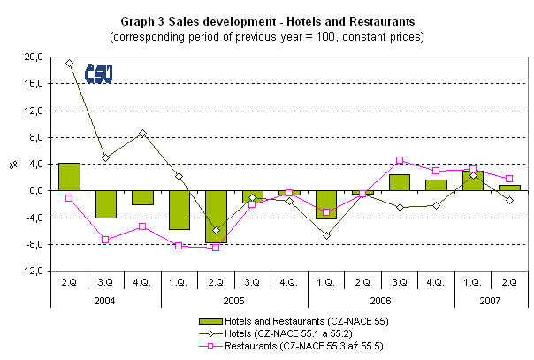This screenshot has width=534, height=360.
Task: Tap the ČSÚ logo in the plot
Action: [98, 73]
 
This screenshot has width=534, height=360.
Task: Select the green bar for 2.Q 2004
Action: [69, 177]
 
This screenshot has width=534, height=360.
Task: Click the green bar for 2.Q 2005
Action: [216, 217]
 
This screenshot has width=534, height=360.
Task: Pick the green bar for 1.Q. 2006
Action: [326, 204]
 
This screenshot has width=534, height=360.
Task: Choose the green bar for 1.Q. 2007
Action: [473, 180]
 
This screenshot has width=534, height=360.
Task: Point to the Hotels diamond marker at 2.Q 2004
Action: [69, 63]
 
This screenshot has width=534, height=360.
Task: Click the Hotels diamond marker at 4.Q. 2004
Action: [142, 133]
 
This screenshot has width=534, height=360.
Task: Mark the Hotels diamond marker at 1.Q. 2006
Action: [326, 235]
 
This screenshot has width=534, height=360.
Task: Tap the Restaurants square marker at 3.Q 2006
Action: [400, 160]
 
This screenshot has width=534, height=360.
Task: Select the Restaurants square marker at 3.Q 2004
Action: [105, 240]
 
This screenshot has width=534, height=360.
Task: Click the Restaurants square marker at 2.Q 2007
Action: [509, 179]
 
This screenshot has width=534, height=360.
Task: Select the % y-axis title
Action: [13, 165]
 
